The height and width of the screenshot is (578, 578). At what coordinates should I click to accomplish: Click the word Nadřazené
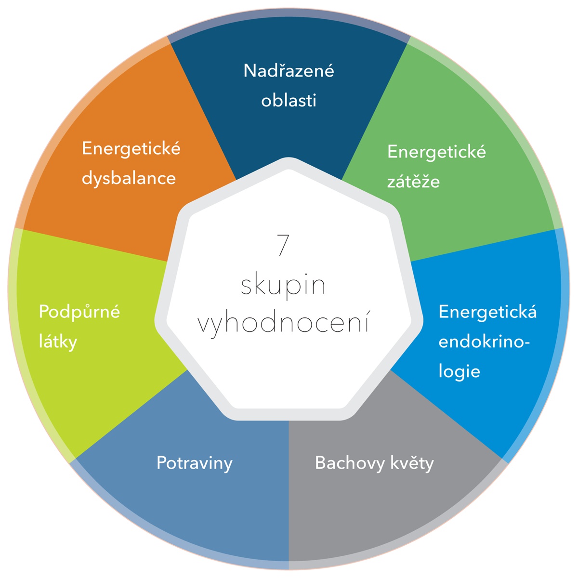[x=289, y=71]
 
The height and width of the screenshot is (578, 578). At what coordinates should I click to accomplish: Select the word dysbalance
[x=129, y=179]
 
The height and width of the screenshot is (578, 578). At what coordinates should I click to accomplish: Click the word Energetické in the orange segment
[x=131, y=149]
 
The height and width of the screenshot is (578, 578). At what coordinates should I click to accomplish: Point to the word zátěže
[x=413, y=181]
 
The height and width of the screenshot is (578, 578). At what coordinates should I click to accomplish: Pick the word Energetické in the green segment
[x=436, y=152]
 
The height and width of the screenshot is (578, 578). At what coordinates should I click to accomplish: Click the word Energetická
[x=488, y=312]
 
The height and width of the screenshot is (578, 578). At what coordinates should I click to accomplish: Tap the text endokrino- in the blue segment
[x=484, y=342]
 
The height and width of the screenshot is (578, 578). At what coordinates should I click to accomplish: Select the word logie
[x=459, y=372]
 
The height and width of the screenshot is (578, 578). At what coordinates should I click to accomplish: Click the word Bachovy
[x=350, y=463]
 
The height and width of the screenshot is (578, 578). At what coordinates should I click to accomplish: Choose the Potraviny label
[x=195, y=463]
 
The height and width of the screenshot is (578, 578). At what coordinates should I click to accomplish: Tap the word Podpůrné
[x=79, y=312]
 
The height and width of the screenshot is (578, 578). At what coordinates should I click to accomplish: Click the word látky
[x=58, y=342]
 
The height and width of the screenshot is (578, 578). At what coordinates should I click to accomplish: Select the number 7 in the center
[x=283, y=245]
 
